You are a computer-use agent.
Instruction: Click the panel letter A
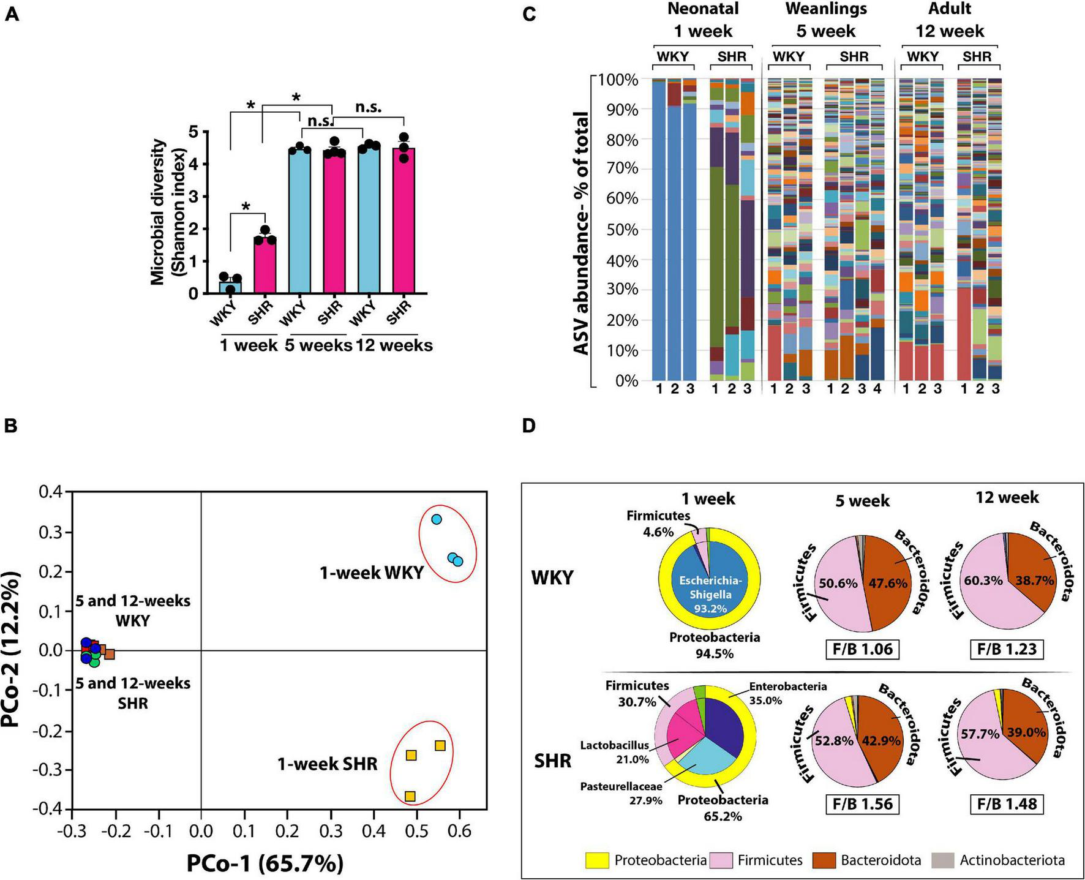pos(11,13)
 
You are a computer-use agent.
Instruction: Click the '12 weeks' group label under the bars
pos(394,345)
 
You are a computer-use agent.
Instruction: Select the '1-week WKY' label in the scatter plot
pos(372,573)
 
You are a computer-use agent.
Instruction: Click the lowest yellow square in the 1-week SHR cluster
pos(410,796)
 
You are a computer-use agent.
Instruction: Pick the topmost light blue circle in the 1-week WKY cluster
pos(437,519)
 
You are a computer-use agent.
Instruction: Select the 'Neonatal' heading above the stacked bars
pos(703,9)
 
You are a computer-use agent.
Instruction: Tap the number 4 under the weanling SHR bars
pos(877,389)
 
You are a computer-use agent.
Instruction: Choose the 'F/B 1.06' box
pos(863,649)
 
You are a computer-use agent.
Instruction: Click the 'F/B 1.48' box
pos(1007,803)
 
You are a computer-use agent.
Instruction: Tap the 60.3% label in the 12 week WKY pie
pos(983,580)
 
